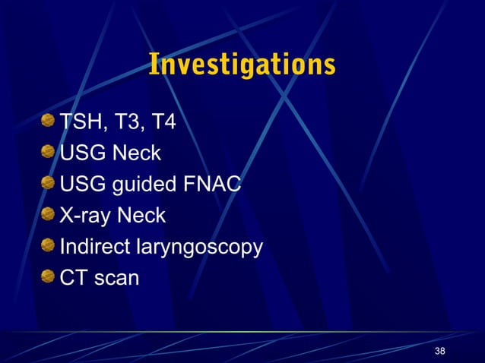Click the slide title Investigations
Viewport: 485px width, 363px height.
coord(242,65)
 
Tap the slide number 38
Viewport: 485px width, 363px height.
coord(439,351)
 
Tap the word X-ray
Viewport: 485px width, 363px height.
coord(84,216)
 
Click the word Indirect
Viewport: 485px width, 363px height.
coord(94,247)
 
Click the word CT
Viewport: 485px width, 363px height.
coord(74,278)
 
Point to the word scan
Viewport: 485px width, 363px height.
coord(116,279)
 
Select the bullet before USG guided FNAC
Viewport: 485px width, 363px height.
coord(49,183)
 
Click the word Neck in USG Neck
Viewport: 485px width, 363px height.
coord(137,153)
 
